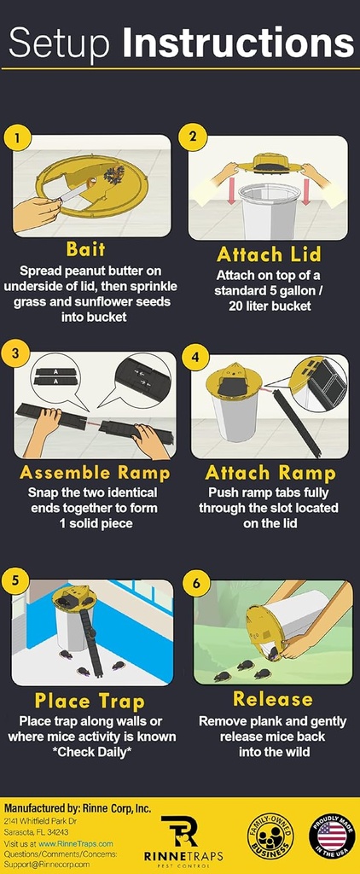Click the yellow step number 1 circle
17,137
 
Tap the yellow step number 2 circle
194,137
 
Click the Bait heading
86,249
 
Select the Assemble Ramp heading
95,472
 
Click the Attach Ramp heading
271,472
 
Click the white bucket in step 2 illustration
269,209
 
